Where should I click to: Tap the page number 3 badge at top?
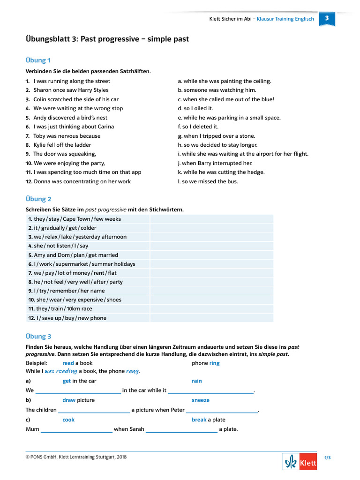(327, 18)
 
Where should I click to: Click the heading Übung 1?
(38, 60)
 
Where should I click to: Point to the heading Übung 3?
(38, 336)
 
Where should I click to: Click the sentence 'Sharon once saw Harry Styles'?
(71, 90)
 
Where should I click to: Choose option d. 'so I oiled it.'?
(195, 108)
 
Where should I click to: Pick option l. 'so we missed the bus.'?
(208, 181)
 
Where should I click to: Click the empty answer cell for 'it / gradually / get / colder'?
(211, 228)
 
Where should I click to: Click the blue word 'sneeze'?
(201, 400)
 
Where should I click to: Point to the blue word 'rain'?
(197, 381)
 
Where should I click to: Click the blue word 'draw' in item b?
(69, 400)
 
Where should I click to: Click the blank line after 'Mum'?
(76, 429)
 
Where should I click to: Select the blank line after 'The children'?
(94, 410)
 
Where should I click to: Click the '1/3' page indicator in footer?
(327, 458)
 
